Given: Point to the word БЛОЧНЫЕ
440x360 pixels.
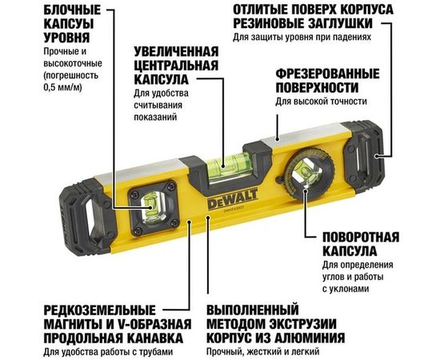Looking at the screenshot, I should point(44,9).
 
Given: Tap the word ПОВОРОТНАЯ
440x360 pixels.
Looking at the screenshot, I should point(357,238).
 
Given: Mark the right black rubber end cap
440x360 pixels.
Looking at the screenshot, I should point(372,150).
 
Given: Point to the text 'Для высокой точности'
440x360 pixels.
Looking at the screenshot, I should point(322,102).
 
